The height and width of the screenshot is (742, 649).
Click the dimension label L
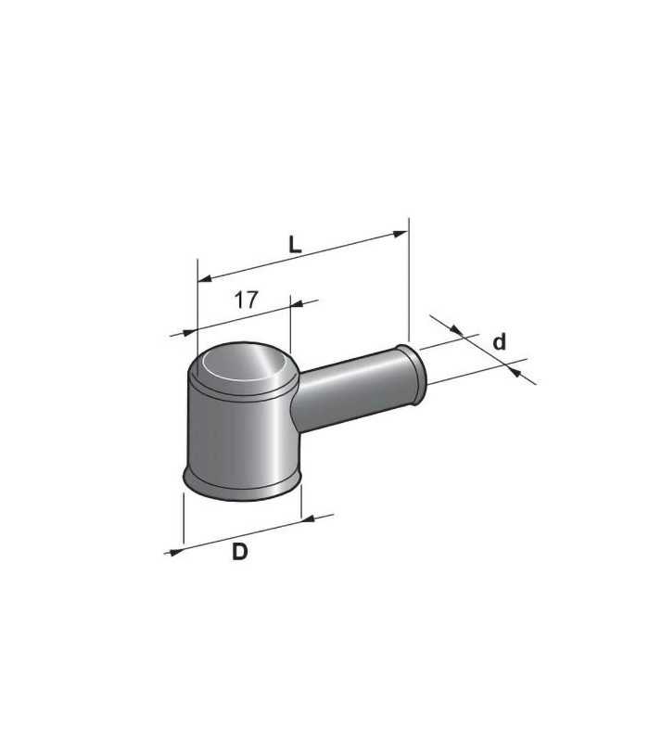[295, 245]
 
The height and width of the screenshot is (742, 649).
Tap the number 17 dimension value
[247, 300]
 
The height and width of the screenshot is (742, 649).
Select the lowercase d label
[499, 341]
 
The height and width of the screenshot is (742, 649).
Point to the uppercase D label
[240, 552]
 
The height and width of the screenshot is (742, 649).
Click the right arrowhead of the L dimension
[401, 235]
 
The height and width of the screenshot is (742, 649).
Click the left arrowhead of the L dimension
[205, 278]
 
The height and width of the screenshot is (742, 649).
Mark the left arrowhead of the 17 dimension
[189, 333]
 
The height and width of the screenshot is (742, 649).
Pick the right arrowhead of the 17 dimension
[297, 303]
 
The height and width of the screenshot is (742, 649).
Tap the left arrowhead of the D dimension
[176, 552]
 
